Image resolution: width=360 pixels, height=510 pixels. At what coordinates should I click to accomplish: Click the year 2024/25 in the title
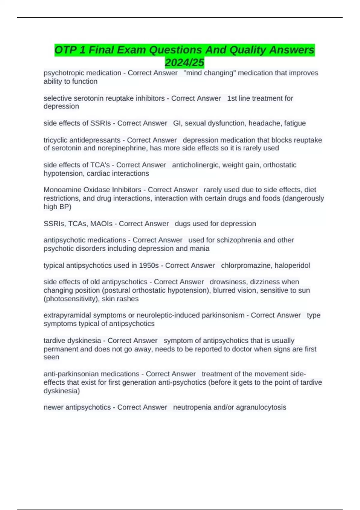pos(184,63)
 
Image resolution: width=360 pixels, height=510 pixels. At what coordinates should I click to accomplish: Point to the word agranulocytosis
pos(261,407)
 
